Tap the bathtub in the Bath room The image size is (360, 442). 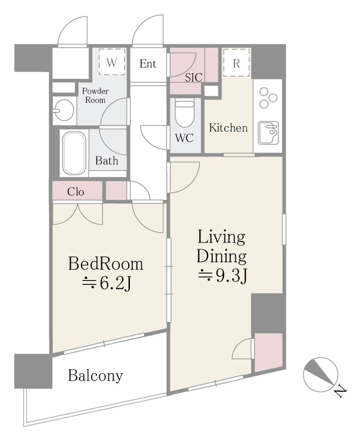coord(74,153)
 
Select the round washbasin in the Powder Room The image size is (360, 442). coord(65,110)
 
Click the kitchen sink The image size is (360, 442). coord(268,132)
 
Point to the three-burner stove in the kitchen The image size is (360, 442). coord(268,98)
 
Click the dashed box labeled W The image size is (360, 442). coord(112,62)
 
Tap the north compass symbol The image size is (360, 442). coord(321,374)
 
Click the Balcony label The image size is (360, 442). coord(96,376)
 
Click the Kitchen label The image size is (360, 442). coord(228,128)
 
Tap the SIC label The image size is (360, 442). coord(193,77)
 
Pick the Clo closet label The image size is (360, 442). coord(75,192)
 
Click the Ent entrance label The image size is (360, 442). coord(148,64)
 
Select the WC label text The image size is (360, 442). coord(184,138)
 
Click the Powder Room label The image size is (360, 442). coord(96,95)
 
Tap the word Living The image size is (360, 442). coord(222,237)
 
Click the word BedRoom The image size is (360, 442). coord(106,264)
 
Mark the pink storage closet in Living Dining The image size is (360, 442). coord(268,352)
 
